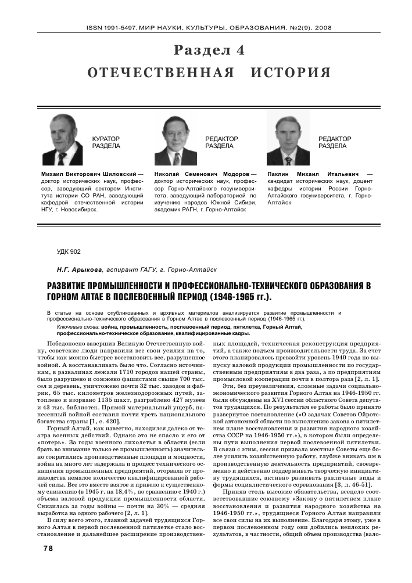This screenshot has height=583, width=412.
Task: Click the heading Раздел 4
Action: [209, 51]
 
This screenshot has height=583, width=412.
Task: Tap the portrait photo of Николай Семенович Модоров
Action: [175, 140]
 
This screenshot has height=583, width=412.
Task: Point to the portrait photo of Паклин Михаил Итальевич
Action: [288, 140]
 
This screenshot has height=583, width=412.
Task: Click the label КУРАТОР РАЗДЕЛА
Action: [106, 143]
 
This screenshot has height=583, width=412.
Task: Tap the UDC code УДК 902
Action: [69, 251]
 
